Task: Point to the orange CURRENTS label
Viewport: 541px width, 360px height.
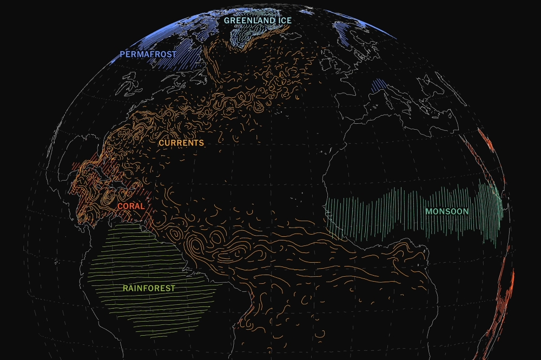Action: pos(181,143)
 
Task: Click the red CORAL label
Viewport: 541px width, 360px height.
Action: pos(130,206)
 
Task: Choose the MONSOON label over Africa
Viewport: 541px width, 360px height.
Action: pos(447,211)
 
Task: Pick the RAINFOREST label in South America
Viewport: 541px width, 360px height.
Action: pos(149,289)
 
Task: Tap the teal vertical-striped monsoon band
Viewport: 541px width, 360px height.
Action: pos(379,214)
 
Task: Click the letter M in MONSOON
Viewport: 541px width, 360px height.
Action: pos(428,211)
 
